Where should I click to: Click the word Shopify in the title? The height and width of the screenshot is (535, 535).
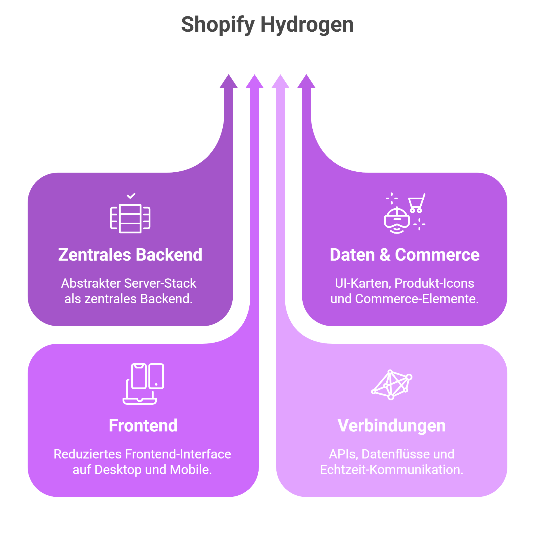[x=218, y=25]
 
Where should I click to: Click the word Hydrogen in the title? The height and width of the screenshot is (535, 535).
[x=307, y=25]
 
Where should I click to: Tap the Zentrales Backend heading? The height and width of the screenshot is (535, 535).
[x=130, y=255]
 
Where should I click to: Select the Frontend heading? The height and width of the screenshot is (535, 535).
[x=143, y=426]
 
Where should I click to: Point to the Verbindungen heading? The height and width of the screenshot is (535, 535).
[x=391, y=426]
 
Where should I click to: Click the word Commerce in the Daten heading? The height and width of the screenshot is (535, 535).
[x=437, y=255]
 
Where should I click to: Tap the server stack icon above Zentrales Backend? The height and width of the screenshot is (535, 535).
[x=130, y=218]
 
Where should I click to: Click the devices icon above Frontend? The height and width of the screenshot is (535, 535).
[x=143, y=384]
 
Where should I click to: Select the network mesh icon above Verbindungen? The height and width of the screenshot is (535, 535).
[x=392, y=385]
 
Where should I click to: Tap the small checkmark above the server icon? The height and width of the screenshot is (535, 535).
[x=131, y=196]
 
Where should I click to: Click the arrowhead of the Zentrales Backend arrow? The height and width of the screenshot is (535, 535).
[x=229, y=82]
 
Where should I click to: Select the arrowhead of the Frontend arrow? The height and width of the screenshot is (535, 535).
[x=255, y=82]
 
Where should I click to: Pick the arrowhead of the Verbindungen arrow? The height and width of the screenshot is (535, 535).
[x=280, y=82]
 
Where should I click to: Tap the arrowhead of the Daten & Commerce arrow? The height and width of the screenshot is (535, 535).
[x=306, y=82]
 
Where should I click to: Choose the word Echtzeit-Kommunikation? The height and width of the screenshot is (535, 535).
[x=391, y=470]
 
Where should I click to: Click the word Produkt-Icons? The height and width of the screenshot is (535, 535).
[x=434, y=283]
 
